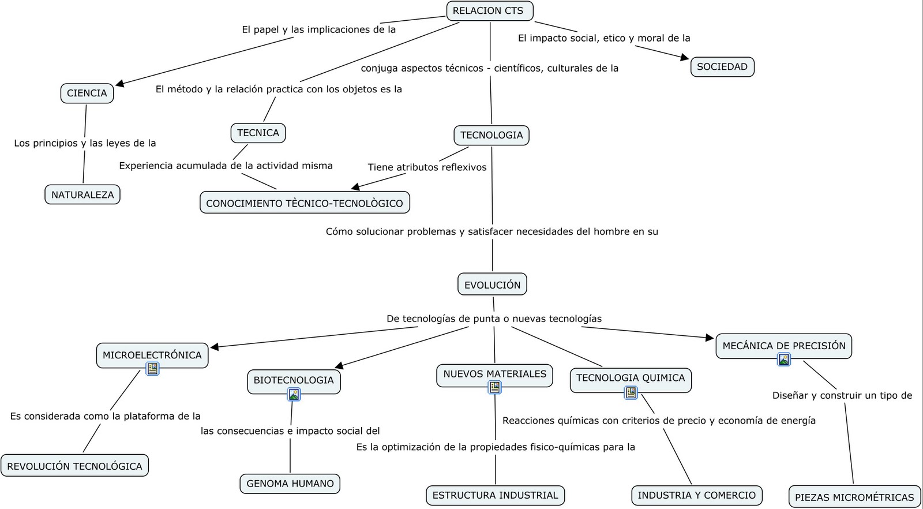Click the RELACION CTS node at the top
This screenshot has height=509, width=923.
489,11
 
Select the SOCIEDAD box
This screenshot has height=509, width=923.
722,67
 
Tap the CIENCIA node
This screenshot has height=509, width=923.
87,93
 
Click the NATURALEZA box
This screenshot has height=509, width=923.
82,194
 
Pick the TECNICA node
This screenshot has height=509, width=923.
257,133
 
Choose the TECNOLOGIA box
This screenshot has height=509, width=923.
491,135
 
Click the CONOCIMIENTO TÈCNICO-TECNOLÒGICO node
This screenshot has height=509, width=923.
305,203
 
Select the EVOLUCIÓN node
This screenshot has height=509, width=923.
492,285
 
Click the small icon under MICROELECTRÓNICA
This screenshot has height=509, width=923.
152,369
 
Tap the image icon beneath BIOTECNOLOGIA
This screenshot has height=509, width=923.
294,395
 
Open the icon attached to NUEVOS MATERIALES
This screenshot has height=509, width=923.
494,388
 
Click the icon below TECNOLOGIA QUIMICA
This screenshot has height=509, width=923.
631,393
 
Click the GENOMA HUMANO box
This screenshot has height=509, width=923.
290,484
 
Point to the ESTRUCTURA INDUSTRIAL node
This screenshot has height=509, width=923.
495,495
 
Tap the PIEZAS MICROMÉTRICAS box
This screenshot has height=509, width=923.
854,497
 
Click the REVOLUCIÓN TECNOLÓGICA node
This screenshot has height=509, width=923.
74,466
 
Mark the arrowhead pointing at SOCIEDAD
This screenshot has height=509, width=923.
685,57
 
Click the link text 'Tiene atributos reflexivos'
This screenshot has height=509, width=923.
427,167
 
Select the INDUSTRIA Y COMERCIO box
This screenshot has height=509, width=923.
696,495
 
